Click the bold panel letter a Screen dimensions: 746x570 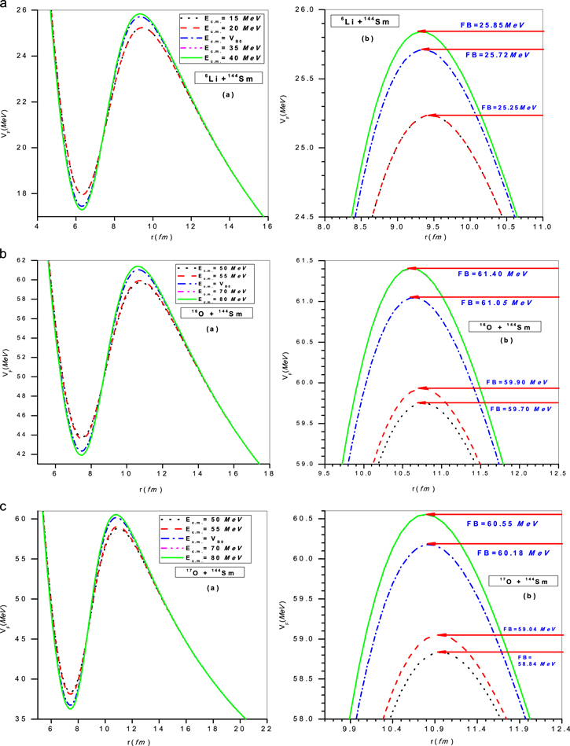(6, 6)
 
